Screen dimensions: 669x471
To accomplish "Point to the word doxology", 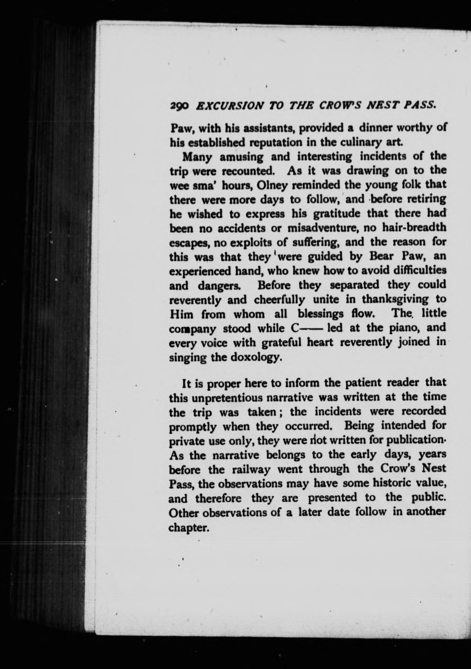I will coord(257,358).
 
